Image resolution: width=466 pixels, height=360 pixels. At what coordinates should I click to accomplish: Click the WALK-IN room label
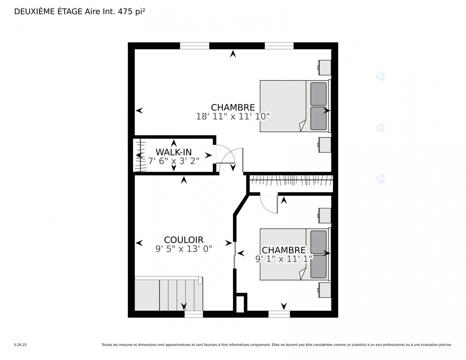click(173, 152)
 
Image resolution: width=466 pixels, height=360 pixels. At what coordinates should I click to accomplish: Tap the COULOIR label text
click(184, 240)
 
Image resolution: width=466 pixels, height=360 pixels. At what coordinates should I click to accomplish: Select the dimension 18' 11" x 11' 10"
click(233, 117)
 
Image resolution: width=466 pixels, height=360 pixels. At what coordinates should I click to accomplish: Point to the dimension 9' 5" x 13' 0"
click(184, 249)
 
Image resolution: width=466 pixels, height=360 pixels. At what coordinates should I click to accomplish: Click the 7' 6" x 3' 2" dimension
click(174, 161)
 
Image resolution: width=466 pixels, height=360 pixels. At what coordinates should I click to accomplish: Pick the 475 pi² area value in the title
click(131, 12)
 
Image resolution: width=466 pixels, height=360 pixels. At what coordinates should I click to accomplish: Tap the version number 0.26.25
click(21, 345)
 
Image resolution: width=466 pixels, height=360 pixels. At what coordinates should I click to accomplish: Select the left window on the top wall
click(194, 46)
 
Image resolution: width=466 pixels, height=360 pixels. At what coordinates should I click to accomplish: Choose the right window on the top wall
click(279, 46)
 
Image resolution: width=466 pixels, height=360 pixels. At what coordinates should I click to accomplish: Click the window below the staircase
click(194, 314)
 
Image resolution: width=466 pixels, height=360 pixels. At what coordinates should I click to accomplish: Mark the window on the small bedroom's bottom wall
click(279, 314)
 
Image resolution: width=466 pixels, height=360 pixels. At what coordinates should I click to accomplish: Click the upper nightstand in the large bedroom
click(325, 68)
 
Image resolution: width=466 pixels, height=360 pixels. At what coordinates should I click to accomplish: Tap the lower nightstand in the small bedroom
click(325, 290)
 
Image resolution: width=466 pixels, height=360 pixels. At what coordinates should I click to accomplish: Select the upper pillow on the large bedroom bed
click(318, 94)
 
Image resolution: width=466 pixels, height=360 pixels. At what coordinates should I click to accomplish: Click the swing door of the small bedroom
click(277, 204)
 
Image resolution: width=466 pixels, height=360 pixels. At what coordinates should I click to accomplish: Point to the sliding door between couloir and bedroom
click(235, 255)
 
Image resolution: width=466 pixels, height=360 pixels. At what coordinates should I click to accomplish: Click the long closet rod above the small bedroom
click(291, 180)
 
